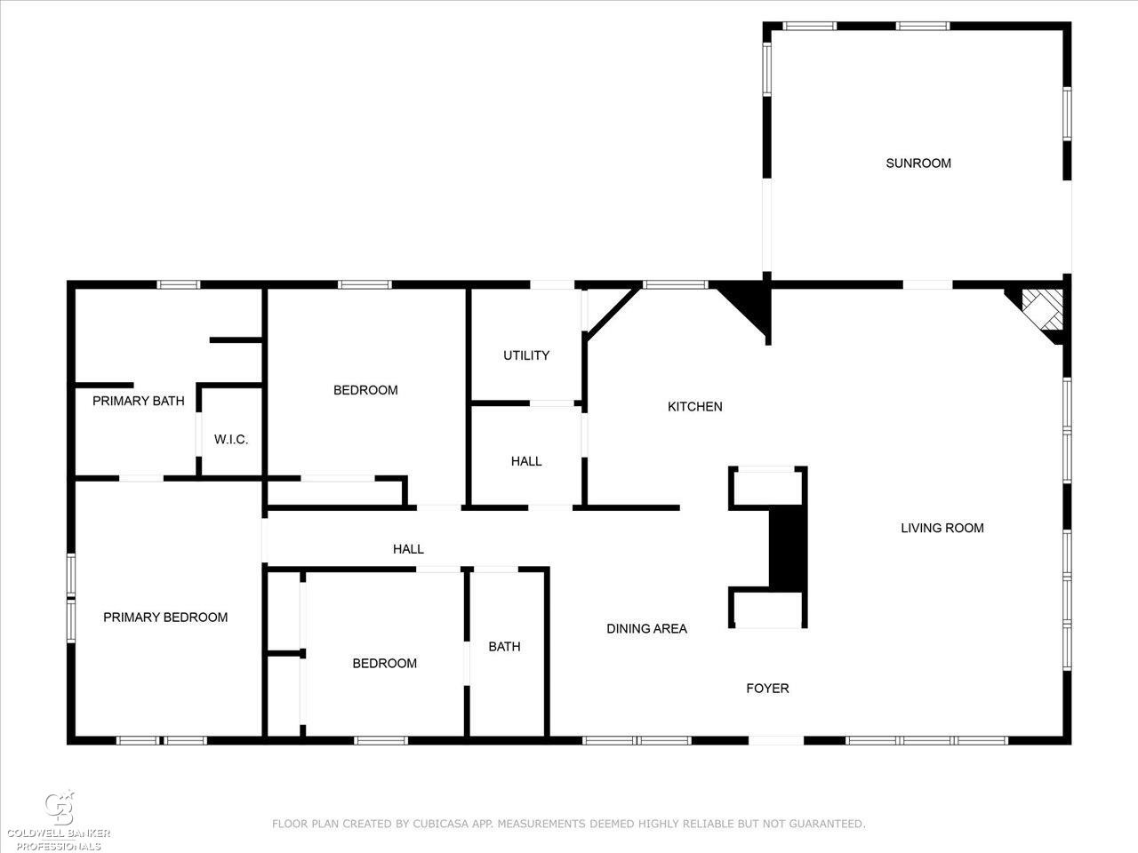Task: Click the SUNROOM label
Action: pyautogui.click(x=918, y=163)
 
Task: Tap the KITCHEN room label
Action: pyautogui.click(x=694, y=407)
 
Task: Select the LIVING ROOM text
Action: pyautogui.click(x=942, y=528)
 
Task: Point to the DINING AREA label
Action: pyautogui.click(x=646, y=628)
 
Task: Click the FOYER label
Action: pyautogui.click(x=767, y=689)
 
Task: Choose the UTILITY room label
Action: pyautogui.click(x=526, y=355)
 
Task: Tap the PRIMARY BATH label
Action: pyautogui.click(x=139, y=401)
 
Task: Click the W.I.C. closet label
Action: pyautogui.click(x=231, y=440)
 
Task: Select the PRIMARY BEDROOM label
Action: pyautogui.click(x=165, y=618)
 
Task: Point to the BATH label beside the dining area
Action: pyautogui.click(x=504, y=646)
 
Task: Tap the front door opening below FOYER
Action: pyautogui.click(x=776, y=741)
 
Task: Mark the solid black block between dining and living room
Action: pyautogui.click(x=788, y=548)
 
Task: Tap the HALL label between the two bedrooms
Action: pyautogui.click(x=408, y=549)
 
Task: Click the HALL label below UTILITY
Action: pyautogui.click(x=526, y=461)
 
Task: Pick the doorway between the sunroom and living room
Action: pyautogui.click(x=928, y=285)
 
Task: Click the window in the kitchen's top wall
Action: pyautogui.click(x=676, y=284)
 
